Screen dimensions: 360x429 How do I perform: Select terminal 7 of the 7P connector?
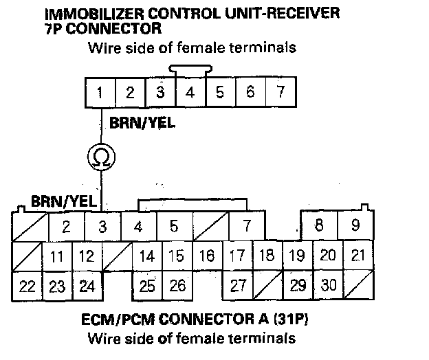click(x=280, y=92)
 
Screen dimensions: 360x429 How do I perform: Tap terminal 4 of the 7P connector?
click(x=190, y=92)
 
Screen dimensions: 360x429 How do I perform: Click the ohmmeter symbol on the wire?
click(x=100, y=158)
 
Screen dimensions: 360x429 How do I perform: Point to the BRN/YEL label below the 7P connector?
click(x=142, y=123)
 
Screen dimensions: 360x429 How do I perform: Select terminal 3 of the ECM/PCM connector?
click(x=102, y=225)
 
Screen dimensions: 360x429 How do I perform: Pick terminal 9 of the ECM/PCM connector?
click(x=355, y=225)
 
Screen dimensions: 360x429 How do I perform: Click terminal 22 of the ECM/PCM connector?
click(x=27, y=285)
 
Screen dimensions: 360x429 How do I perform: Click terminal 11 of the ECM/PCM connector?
click(x=57, y=256)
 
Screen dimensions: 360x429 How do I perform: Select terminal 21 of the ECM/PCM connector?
click(x=358, y=256)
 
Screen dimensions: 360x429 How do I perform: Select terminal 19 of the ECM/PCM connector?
click(x=298, y=256)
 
